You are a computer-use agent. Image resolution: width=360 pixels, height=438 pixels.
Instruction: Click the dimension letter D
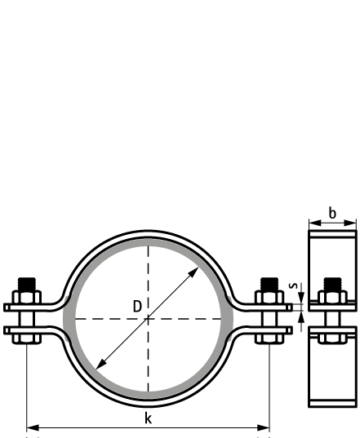pyautogui.click(x=137, y=307)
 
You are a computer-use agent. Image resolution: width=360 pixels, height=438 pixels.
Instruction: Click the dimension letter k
pyautogui.click(x=148, y=418)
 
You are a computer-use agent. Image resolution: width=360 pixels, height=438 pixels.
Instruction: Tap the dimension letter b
pyautogui.click(x=332, y=213)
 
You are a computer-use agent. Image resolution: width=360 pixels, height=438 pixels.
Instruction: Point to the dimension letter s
pyautogui.click(x=293, y=285)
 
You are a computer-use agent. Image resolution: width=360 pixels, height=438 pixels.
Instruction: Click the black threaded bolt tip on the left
pyautogui.click(x=27, y=284)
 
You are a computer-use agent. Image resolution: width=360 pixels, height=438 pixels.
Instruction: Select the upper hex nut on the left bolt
pyautogui.click(x=27, y=297)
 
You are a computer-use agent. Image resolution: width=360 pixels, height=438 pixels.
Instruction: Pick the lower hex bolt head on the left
pyautogui.click(x=27, y=338)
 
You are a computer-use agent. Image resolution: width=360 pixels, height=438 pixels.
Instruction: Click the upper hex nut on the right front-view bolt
pyautogui.click(x=269, y=297)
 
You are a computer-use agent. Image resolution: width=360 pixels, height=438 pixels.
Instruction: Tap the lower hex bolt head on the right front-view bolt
pyautogui.click(x=269, y=338)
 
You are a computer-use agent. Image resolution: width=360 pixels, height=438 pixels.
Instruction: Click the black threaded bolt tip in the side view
pyautogui.click(x=332, y=284)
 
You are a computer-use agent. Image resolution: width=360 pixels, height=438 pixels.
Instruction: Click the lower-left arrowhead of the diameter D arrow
pyautogui.click(x=100, y=365)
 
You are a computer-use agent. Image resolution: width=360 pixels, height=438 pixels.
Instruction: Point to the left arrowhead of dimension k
pyautogui.click(x=33, y=427)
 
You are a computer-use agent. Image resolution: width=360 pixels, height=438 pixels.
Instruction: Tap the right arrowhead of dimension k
pyautogui.click(x=264, y=427)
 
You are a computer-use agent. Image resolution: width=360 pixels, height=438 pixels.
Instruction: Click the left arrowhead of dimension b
pyautogui.click(x=315, y=223)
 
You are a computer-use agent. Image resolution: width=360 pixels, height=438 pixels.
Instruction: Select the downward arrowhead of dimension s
pyautogui.click(x=301, y=298)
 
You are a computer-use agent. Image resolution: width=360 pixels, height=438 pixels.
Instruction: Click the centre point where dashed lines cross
pyautogui.click(x=148, y=318)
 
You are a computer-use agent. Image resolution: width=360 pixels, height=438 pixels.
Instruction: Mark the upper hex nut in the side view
pyautogui.click(x=332, y=297)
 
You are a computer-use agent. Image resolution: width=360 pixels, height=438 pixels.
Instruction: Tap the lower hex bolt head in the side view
pyautogui.click(x=332, y=338)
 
